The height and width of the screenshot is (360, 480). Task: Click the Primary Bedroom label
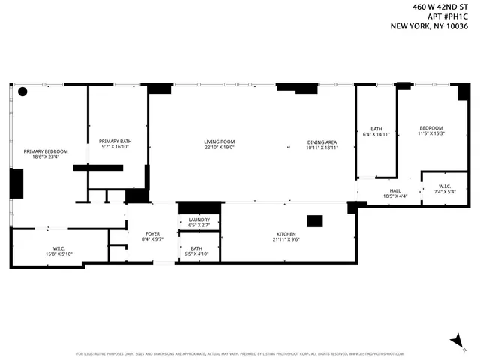click(x=45, y=151)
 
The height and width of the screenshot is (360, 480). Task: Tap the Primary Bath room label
click(x=115, y=141)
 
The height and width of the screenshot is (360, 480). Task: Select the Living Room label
click(x=220, y=142)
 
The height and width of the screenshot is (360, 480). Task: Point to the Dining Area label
click(x=322, y=142)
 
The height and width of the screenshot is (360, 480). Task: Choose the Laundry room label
click(x=199, y=220)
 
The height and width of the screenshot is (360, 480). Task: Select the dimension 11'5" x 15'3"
click(x=431, y=133)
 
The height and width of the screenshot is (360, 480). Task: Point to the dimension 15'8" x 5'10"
click(x=59, y=253)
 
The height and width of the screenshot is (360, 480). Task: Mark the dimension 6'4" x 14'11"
click(x=376, y=134)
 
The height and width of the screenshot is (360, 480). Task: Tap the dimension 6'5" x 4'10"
click(x=196, y=253)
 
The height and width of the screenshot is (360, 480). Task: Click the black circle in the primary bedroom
click(x=22, y=91)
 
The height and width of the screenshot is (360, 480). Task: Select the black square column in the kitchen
click(x=315, y=221)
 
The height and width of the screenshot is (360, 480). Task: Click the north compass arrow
click(x=454, y=341)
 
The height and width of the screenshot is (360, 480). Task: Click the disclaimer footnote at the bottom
click(x=239, y=353)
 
